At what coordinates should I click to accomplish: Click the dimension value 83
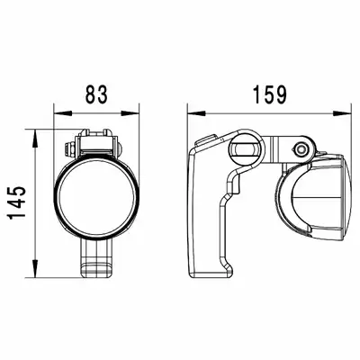96,94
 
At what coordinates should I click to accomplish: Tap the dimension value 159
270,94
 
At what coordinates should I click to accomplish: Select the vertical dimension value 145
17,202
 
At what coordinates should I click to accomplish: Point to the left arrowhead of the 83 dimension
63,113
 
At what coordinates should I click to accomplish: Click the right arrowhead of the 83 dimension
130,113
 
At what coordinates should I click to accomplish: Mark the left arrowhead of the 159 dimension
197,113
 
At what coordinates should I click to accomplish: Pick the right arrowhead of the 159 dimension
342,113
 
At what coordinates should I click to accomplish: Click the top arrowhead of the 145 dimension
35,139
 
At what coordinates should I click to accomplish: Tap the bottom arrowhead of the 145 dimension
35,268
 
